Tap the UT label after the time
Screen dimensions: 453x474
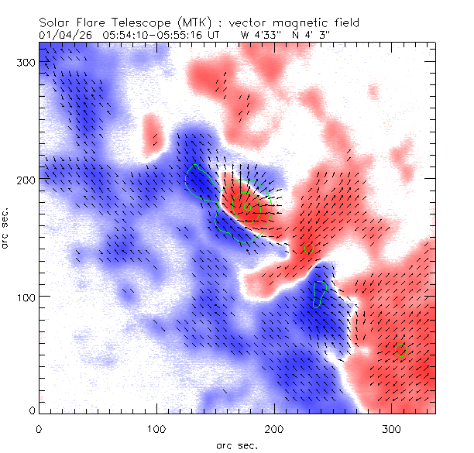(216, 35)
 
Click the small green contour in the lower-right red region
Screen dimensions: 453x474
(400, 348)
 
